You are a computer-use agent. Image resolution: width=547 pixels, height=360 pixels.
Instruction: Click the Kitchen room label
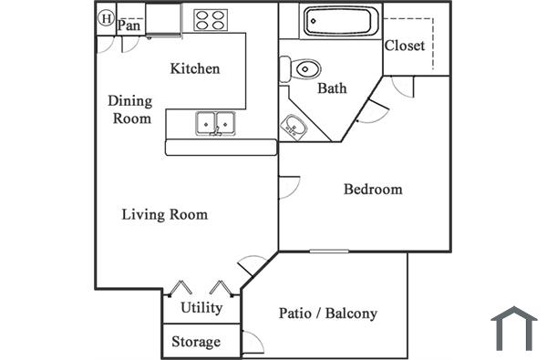pyautogui.click(x=195, y=69)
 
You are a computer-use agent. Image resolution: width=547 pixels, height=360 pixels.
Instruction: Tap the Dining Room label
pyautogui.click(x=130, y=109)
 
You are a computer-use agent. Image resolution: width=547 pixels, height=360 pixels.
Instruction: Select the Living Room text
pyautogui.click(x=165, y=215)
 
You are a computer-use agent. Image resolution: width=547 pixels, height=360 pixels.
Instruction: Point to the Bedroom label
pyautogui.click(x=373, y=190)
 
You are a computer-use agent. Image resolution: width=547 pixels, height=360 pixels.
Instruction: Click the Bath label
pyautogui.click(x=331, y=89)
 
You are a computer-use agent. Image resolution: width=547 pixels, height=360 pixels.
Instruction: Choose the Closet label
pyautogui.click(x=405, y=46)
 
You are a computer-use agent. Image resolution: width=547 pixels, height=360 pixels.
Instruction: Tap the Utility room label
pyautogui.click(x=201, y=307)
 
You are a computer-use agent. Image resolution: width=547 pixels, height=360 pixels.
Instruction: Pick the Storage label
pyautogui.click(x=196, y=342)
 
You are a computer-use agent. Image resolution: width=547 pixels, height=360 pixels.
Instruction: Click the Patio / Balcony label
pyautogui.click(x=326, y=314)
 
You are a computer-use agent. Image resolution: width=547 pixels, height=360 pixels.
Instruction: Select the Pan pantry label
pyautogui.click(x=129, y=26)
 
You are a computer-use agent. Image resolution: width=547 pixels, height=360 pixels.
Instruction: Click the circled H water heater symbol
pyautogui.click(x=106, y=17)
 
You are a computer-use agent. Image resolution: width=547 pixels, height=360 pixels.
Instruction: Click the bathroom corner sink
pyautogui.click(x=294, y=125)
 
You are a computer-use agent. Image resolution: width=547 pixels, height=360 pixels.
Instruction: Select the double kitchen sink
pyautogui.click(x=216, y=122)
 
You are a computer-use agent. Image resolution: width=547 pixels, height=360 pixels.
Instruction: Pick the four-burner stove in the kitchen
pyautogui.click(x=210, y=19)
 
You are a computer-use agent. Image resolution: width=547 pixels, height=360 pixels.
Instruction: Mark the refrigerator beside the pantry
pyautogui.click(x=164, y=19)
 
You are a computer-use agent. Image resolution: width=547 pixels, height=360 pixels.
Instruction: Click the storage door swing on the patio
pyautogui.click(x=253, y=343)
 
